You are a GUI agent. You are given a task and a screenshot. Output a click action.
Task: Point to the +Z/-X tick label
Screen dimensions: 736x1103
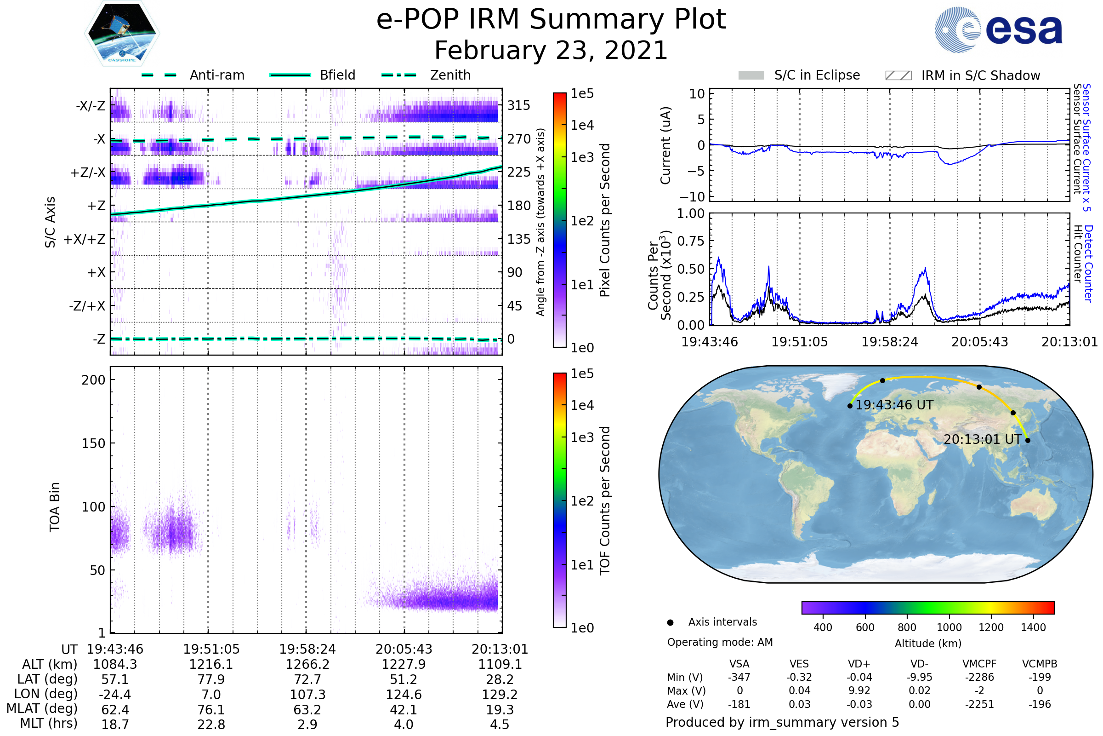coord(88,173)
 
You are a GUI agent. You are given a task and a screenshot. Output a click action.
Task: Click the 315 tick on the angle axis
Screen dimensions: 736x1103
coord(519,106)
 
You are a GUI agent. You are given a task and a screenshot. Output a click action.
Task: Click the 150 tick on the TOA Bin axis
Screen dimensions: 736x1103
coord(93,443)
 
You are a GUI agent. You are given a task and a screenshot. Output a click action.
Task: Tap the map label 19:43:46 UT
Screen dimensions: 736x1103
coord(894,405)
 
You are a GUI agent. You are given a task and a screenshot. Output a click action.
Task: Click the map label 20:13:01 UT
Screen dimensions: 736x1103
coord(983,439)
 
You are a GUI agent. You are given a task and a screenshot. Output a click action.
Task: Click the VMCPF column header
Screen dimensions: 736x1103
coord(979,664)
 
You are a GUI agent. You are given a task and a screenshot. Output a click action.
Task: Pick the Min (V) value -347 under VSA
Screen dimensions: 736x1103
coord(739,677)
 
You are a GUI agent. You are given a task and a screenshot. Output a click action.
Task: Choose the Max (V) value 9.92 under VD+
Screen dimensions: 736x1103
coord(859,690)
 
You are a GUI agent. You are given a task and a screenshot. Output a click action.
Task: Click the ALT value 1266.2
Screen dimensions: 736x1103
coord(307,664)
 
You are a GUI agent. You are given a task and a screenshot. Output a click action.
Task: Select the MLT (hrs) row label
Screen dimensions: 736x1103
coord(48,723)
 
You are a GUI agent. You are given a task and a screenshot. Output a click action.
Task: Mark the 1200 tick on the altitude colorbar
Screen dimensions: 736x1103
coord(991,627)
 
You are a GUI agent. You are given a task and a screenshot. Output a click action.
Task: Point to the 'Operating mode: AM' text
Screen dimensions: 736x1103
coord(720,642)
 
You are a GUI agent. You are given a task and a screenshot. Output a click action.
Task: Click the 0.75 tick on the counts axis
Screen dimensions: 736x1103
coord(691,241)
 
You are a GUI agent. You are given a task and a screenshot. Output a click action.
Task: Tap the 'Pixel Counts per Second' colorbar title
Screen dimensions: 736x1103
coord(605,220)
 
